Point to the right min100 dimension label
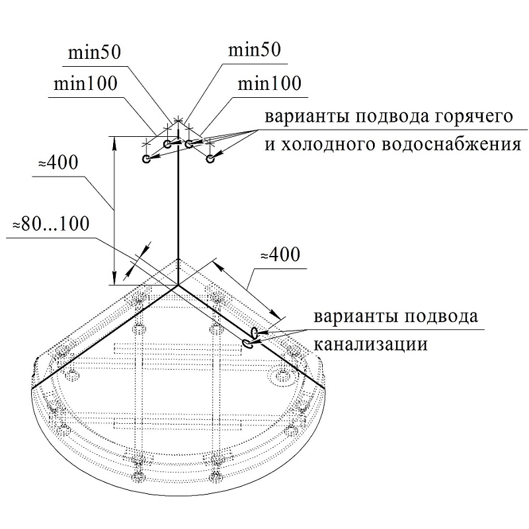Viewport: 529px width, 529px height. (x=268, y=84)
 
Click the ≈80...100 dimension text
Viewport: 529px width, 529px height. (x=51, y=224)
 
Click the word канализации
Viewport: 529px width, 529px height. (x=370, y=345)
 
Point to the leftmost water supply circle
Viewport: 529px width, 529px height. (x=146, y=159)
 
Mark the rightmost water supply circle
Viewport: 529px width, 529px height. (x=210, y=159)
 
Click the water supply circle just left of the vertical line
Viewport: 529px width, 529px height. (x=167, y=143)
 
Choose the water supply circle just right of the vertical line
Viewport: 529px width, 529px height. (x=189, y=143)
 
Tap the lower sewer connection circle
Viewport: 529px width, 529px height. (x=247, y=343)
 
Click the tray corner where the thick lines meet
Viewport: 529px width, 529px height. (x=177, y=286)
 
